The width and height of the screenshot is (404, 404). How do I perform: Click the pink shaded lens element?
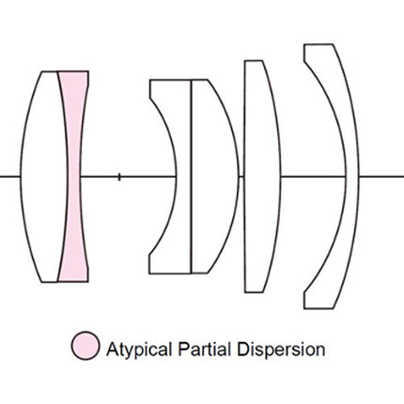74,177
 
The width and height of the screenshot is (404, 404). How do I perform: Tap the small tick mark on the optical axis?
119,177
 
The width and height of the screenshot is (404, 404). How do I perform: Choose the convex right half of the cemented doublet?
214,177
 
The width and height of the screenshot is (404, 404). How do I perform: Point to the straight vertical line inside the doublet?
191,177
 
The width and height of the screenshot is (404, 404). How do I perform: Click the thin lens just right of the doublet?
262,177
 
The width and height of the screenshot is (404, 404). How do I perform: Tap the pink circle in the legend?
85,346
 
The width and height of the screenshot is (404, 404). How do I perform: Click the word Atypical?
139,350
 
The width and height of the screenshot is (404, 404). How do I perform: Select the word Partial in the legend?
205,349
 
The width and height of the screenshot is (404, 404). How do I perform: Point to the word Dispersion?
281,350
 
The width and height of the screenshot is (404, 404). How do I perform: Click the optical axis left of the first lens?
10,177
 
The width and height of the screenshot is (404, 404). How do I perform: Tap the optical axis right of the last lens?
381,177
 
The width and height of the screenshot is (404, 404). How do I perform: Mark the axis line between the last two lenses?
314,177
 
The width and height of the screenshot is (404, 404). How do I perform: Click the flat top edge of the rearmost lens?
319,44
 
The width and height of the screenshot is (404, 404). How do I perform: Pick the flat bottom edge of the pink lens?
73,282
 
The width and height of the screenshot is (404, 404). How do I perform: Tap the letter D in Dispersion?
242,349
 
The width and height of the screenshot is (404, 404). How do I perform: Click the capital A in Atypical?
113,349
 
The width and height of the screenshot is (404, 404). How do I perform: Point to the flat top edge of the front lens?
50,71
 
